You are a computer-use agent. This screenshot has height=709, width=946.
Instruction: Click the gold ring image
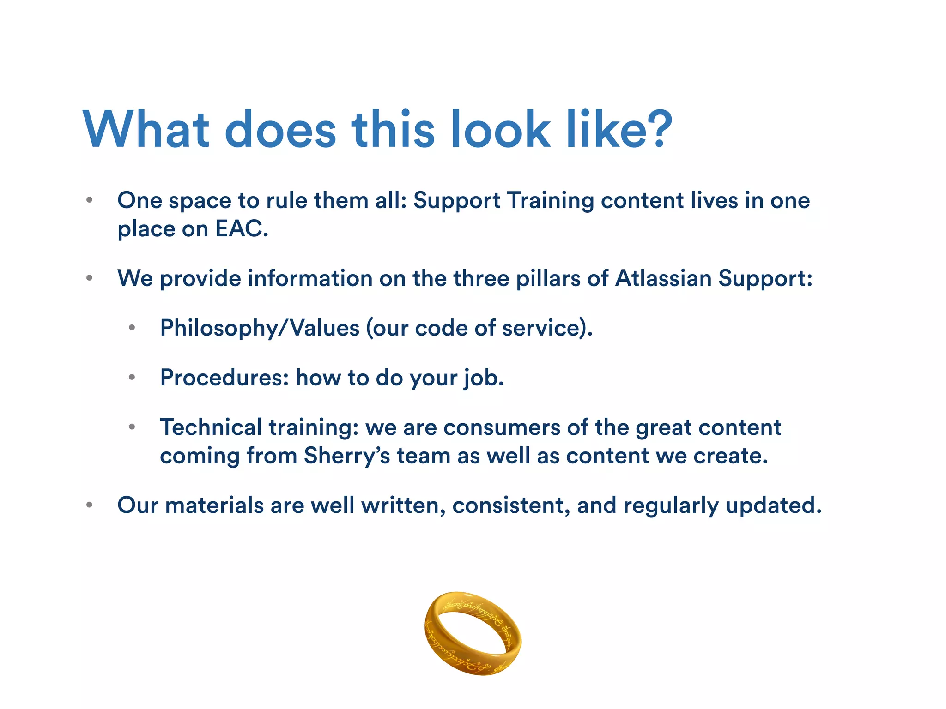pyautogui.click(x=473, y=633)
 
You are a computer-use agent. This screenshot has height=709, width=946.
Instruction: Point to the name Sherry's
pyautogui.click(x=347, y=456)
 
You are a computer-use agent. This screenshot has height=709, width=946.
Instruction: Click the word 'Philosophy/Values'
pyautogui.click(x=260, y=328)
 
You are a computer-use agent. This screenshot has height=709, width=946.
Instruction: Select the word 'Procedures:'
pyautogui.click(x=224, y=378)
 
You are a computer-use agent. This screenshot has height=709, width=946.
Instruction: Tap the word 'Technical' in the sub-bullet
pyautogui.click(x=211, y=427)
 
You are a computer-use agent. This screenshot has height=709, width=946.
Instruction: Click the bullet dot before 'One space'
pyautogui.click(x=90, y=200)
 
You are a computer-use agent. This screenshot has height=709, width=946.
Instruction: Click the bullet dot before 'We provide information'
pyautogui.click(x=90, y=278)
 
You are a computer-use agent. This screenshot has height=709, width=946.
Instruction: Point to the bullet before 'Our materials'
pyautogui.click(x=90, y=505)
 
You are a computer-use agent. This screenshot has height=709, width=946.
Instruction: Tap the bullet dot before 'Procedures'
pyautogui.click(x=132, y=378)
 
